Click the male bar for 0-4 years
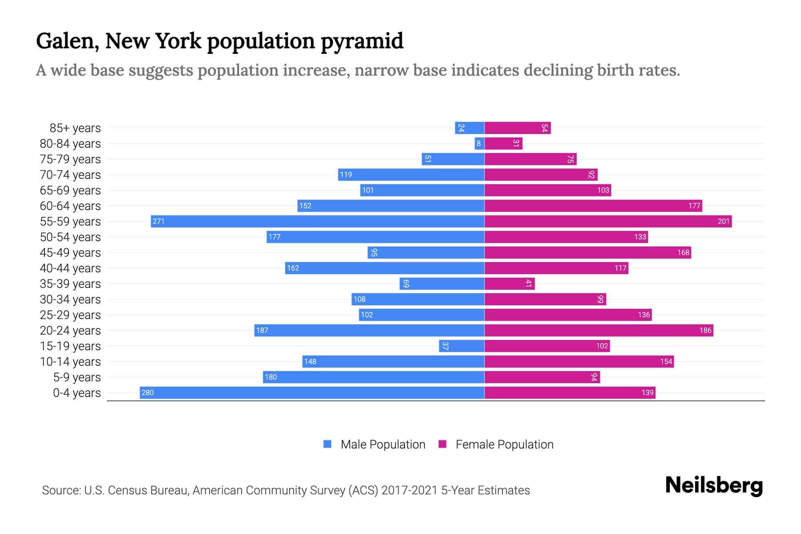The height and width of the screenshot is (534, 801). click(311, 392)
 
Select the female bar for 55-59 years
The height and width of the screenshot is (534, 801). click(608, 221)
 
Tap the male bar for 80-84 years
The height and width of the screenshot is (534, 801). click(479, 143)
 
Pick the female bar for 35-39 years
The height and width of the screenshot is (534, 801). click(510, 283)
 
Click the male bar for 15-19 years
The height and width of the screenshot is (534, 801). click(461, 346)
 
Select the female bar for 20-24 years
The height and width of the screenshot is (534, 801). click(599, 330)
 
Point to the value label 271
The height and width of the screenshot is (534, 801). click(158, 221)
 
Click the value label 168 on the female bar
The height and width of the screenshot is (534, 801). click(683, 252)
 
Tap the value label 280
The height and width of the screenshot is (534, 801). click(147, 392)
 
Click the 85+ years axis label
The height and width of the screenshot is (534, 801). click(75, 128)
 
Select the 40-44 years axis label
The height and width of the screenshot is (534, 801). click(70, 268)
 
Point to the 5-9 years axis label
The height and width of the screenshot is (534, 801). click(77, 377)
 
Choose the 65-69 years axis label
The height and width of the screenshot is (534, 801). click(70, 190)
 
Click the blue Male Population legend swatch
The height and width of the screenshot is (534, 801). click(328, 444)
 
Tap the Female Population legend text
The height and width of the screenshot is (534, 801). click(504, 444)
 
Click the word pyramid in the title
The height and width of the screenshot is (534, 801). click(362, 41)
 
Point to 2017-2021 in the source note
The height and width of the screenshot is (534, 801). click(409, 490)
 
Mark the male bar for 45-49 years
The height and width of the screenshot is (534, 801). click(426, 252)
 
